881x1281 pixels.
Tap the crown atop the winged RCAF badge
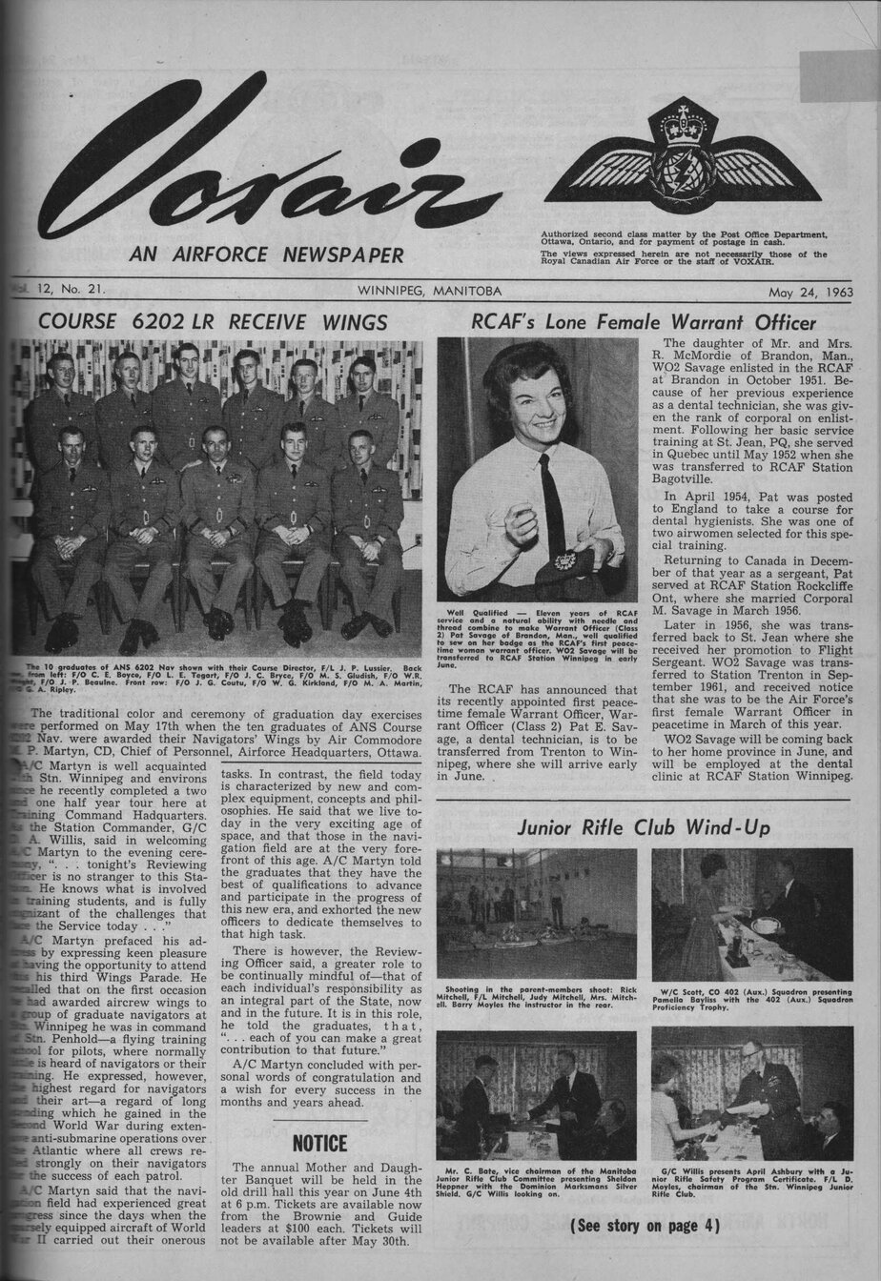[x=682, y=124]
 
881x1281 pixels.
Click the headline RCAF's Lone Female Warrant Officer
[x=644, y=321]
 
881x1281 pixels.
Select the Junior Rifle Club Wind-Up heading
[x=644, y=827]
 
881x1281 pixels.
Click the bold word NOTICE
[x=319, y=1142]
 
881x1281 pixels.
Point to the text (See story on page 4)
[x=645, y=1225]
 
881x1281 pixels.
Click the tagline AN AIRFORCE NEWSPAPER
[x=266, y=254]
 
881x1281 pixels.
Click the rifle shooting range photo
[x=536, y=913]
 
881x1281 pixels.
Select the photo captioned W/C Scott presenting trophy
[x=751, y=913]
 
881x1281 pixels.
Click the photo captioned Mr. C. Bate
[x=536, y=1094]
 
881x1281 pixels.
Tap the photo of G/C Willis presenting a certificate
[x=751, y=1094]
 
